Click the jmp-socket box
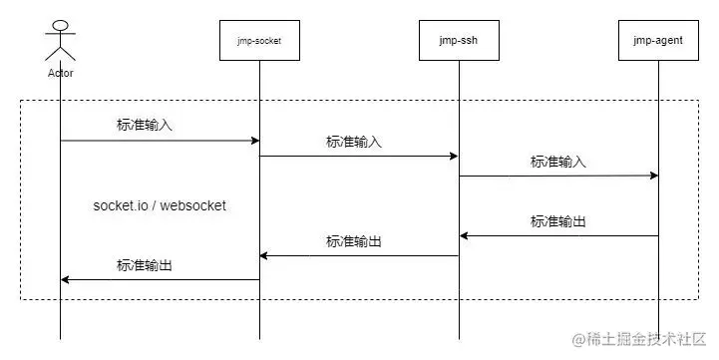coord(259,41)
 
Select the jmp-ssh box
coord(459,41)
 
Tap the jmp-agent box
coord(657,41)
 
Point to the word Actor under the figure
coord(60,73)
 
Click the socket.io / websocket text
coord(160,205)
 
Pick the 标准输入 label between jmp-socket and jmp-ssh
coord(354,142)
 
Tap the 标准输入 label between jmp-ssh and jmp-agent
coord(558,161)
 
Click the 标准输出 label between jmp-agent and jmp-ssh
coord(558,221)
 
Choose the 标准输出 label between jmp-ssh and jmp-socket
coord(354,241)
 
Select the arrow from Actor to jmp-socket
coord(160,141)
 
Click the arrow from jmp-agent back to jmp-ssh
coord(558,236)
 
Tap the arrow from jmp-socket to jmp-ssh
coord(359,156)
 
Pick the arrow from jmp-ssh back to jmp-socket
coord(359,256)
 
